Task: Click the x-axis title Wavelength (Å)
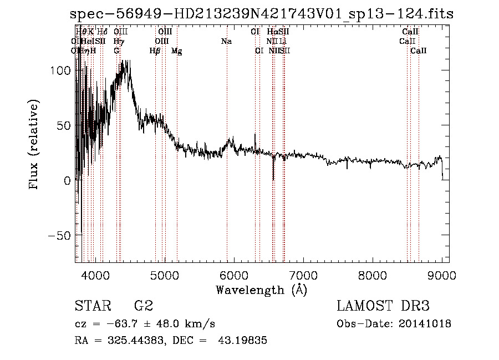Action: [x=261, y=289]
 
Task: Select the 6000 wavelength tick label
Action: [x=234, y=275]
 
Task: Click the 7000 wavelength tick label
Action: [x=303, y=275]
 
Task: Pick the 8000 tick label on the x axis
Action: [x=373, y=275]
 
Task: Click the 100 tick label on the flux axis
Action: [x=59, y=70]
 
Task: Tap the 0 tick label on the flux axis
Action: [x=66, y=180]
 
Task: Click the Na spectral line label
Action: [x=226, y=41]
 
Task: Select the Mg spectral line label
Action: [x=177, y=51]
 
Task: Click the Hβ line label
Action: [x=155, y=51]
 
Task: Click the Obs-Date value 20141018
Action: [x=425, y=323]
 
